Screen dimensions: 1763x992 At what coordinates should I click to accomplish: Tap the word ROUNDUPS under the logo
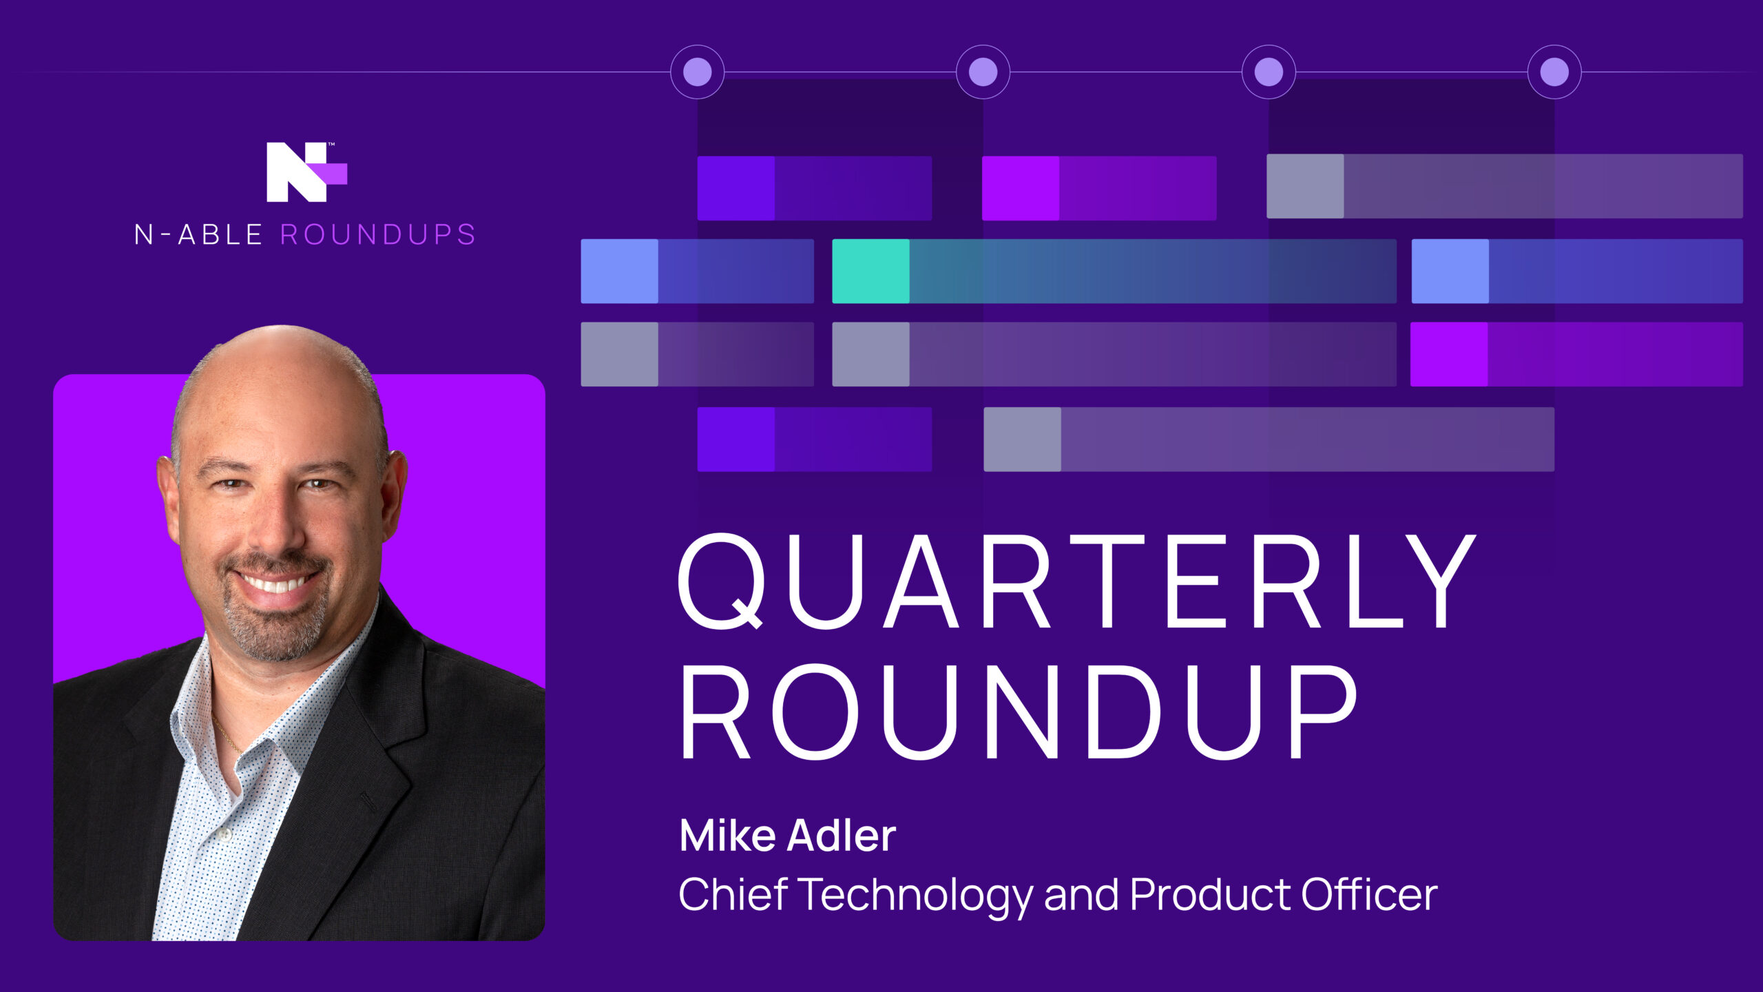378,235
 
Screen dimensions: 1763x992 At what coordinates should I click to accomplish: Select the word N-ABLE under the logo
198,235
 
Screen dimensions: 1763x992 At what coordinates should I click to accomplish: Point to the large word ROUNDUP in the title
1018,712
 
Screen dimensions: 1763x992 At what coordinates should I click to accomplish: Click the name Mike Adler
787,836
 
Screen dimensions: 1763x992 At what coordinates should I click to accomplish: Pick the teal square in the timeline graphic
870,271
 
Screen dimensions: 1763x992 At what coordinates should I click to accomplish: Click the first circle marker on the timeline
697,72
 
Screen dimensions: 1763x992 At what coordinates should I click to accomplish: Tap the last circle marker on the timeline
1554,72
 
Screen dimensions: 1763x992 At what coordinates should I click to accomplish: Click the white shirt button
224,834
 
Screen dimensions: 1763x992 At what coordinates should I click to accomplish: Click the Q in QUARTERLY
722,582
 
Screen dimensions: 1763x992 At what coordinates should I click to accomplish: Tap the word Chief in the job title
733,894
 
